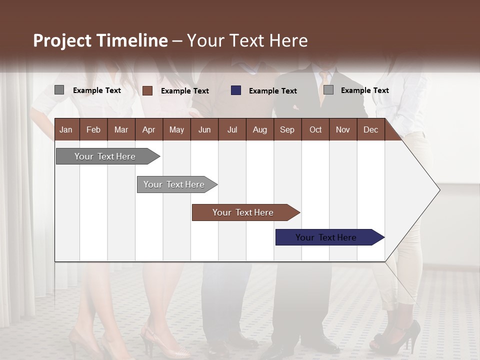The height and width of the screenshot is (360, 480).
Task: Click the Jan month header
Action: (66, 129)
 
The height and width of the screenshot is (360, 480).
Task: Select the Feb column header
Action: (93, 129)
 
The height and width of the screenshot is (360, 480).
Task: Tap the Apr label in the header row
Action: (148, 129)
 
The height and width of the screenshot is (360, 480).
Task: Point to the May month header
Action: (176, 129)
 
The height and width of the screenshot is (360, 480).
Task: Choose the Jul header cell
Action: (232, 129)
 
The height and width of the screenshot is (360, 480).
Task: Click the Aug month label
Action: (259, 129)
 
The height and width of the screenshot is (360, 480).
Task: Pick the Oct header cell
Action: (315, 129)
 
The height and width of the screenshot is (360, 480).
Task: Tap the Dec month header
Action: (370, 129)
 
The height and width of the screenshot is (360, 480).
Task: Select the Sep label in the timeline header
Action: (287, 129)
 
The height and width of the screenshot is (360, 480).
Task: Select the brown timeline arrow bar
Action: (243, 212)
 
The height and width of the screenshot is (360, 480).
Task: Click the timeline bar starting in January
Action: (105, 156)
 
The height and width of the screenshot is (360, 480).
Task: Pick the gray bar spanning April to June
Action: (174, 184)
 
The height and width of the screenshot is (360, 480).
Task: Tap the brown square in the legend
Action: (147, 90)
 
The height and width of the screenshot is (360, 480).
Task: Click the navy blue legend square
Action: (236, 90)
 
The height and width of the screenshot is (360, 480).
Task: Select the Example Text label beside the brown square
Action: (185, 91)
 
